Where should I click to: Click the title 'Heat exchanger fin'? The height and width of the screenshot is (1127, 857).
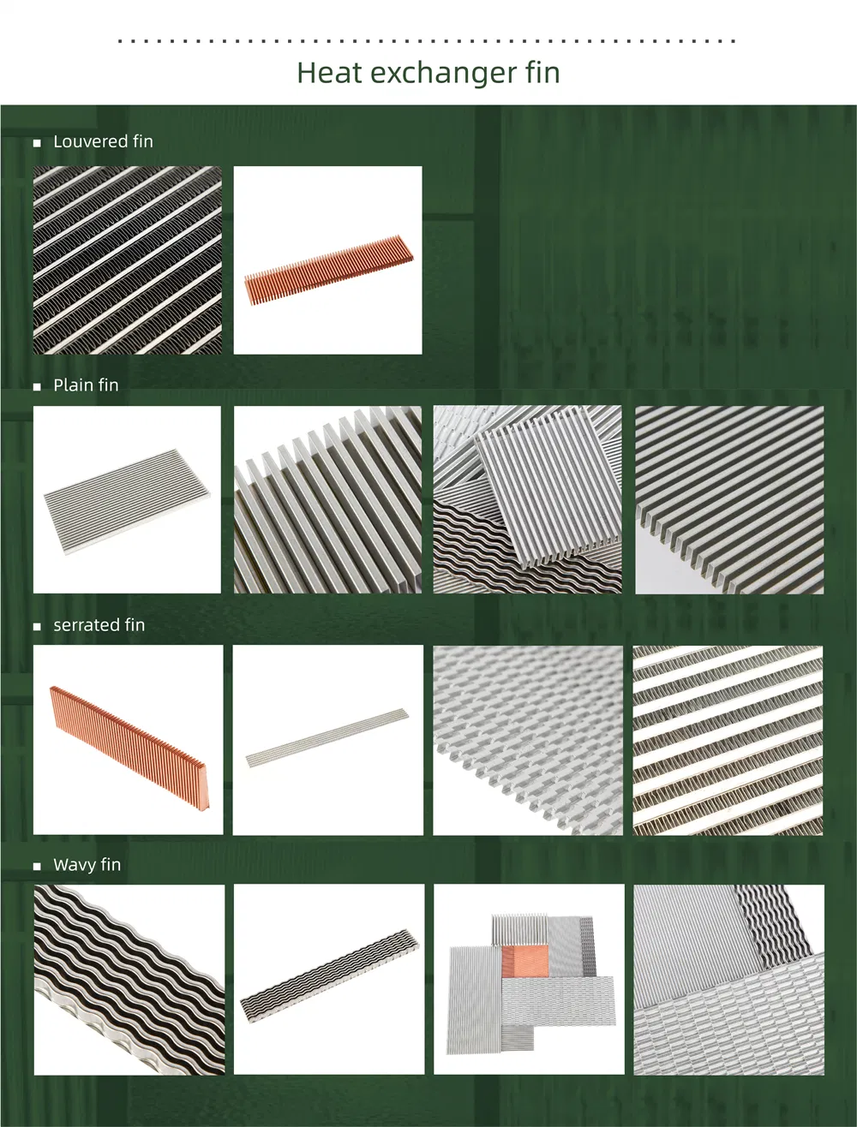(x=428, y=73)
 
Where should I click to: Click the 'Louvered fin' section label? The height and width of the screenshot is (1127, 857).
(x=103, y=142)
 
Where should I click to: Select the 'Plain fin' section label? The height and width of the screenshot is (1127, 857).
(x=86, y=385)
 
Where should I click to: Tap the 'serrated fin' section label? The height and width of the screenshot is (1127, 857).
(x=99, y=625)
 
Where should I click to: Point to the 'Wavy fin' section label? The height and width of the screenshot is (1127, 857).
(x=87, y=865)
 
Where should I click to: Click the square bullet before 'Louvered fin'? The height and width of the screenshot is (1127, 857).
(x=37, y=143)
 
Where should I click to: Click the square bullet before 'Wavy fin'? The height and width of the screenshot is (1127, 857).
(x=37, y=867)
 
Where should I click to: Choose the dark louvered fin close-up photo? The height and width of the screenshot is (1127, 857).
(x=127, y=259)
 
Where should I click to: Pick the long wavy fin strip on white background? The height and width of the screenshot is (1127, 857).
(x=330, y=978)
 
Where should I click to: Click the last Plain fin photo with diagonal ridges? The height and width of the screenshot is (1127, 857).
(x=728, y=499)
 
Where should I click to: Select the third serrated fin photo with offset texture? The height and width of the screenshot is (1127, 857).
(x=528, y=739)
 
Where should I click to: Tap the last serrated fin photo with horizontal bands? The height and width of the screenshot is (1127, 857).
(x=728, y=740)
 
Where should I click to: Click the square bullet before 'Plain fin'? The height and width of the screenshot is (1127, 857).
(x=37, y=387)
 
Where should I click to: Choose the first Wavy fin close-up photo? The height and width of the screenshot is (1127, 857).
(x=129, y=979)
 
